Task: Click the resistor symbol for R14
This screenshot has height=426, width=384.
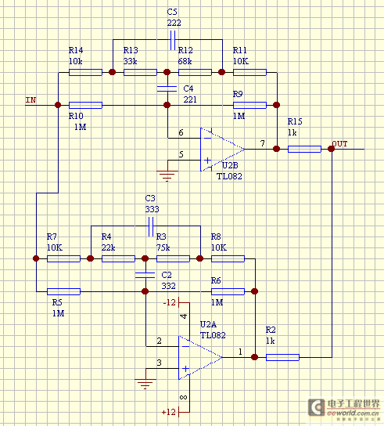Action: click(85, 72)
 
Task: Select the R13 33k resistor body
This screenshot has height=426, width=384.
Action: click(140, 72)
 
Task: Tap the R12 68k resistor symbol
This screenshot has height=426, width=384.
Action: click(195, 72)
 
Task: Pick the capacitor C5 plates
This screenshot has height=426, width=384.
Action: click(173, 40)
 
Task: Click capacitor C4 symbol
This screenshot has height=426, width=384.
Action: click(167, 88)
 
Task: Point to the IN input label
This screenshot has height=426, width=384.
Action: click(31, 100)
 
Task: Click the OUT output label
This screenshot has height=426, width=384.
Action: click(339, 144)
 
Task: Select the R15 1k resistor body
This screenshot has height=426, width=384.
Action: click(304, 149)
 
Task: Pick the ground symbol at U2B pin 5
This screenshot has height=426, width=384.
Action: click(167, 175)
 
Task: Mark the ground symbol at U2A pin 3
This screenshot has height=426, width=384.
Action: click(145, 384)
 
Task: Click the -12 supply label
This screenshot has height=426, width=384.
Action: click(170, 302)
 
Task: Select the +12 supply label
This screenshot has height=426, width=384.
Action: click(168, 412)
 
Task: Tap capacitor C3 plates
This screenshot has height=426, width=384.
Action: click(151, 226)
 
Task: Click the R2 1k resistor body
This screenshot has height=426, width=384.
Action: click(282, 357)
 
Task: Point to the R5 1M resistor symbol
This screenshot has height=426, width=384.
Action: click(64, 291)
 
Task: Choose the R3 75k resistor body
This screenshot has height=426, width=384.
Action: click(173, 258)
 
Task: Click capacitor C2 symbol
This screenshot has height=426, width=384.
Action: click(145, 275)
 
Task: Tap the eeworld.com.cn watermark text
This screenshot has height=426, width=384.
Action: click(353, 413)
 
